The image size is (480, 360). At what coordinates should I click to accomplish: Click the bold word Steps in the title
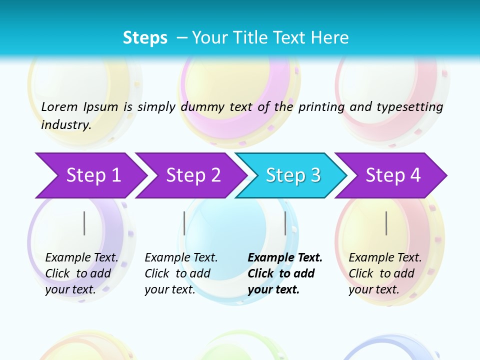[145, 38]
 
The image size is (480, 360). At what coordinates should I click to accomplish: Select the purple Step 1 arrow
[90, 175]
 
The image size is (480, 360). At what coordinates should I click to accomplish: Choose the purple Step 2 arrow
[190, 175]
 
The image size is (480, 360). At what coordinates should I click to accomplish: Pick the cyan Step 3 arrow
[291, 175]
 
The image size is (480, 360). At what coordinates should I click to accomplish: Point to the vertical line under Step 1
[84, 223]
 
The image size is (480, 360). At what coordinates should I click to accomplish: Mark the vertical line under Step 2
[184, 223]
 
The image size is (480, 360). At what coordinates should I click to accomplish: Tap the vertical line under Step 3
[285, 223]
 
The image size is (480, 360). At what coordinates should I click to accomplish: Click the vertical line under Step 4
[386, 223]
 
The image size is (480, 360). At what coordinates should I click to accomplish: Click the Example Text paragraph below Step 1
[81, 273]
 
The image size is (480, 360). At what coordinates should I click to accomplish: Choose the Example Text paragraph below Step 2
[180, 273]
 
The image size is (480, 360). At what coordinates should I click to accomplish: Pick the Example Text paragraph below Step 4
[384, 273]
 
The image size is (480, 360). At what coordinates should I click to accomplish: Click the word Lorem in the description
[59, 107]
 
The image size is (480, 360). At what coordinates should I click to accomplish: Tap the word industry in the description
[65, 125]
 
